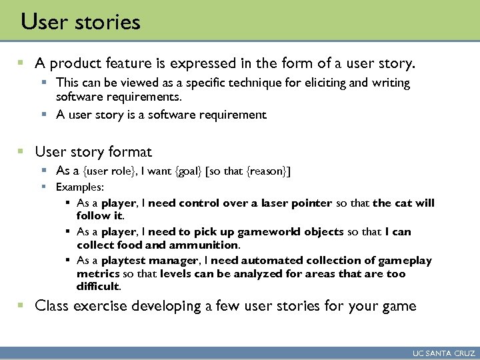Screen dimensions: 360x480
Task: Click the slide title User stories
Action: (81, 22)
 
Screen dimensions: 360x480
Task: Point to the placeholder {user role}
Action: (107, 171)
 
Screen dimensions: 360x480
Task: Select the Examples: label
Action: (80, 187)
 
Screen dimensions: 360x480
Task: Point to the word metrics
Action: (97, 274)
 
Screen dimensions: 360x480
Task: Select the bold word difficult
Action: (98, 287)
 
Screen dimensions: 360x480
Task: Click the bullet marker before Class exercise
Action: (21, 306)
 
